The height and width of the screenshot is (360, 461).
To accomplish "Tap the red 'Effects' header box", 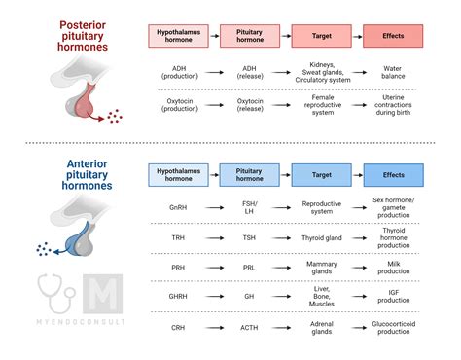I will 393,38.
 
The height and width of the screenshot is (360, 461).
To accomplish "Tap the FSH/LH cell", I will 249,207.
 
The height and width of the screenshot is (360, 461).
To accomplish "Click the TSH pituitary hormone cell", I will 249,237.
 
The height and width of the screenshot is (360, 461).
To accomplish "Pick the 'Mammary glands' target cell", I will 321,267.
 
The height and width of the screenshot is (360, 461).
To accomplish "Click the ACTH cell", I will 249,329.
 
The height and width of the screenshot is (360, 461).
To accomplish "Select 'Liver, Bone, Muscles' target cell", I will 321,296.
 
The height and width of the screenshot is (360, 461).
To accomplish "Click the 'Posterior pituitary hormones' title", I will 83,37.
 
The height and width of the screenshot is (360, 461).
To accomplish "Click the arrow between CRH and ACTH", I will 213,329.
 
